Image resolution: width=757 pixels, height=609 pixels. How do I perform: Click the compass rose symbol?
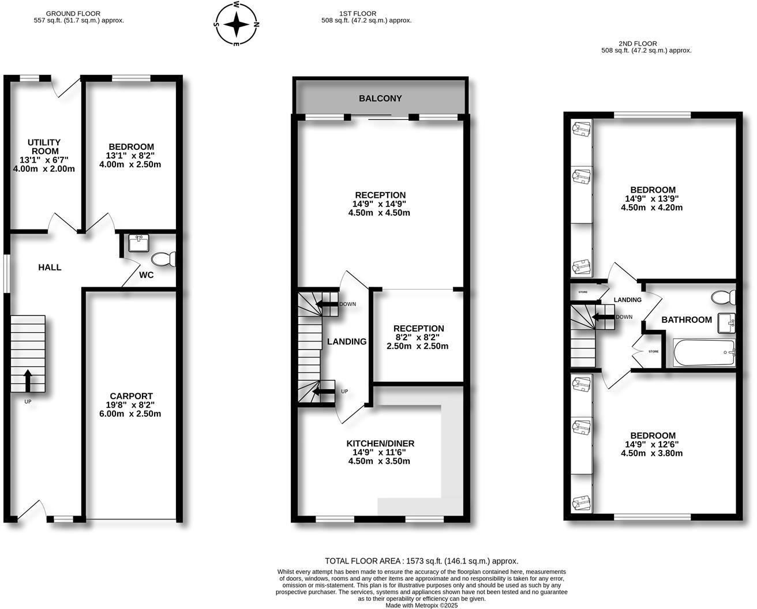[x=237, y=24]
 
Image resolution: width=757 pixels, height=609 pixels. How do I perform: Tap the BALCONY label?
[x=380, y=99]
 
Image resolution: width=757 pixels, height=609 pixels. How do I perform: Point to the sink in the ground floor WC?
[x=138, y=243]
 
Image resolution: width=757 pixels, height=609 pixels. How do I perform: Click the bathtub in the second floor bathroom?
[x=704, y=353]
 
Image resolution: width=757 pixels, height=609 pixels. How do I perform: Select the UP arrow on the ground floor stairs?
[x=28, y=380]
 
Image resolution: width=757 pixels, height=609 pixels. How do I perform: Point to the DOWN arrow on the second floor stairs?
[x=604, y=317]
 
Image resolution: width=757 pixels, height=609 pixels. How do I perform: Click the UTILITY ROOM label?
[x=44, y=146]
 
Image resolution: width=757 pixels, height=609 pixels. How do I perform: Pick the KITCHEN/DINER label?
[x=380, y=443]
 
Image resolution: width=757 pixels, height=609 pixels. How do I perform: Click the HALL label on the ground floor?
[x=50, y=268]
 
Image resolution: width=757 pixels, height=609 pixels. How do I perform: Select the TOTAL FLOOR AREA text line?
[x=421, y=561]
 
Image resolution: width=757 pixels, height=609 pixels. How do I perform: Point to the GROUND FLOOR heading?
[x=73, y=13]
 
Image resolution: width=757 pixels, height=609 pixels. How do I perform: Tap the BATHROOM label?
[x=686, y=319]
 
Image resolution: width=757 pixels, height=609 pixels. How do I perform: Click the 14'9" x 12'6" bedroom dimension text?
[x=652, y=445]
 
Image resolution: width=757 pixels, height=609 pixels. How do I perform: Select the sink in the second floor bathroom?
[x=726, y=324]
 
